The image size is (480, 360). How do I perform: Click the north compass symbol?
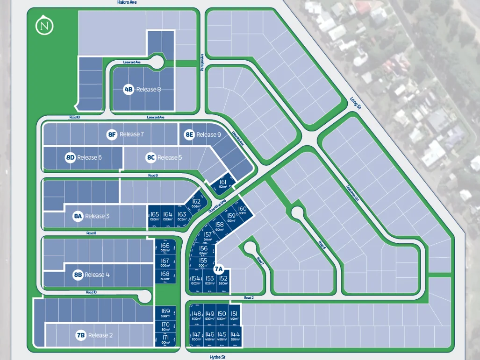(45, 25)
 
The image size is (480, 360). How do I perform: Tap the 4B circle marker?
(129, 89)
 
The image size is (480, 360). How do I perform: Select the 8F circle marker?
(112, 134)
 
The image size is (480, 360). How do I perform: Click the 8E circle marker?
(189, 134)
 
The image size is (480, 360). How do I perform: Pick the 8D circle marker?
(70, 157)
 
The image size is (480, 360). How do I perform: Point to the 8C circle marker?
(150, 157)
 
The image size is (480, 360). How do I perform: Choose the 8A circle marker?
(78, 216)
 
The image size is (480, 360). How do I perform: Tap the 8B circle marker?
(78, 275)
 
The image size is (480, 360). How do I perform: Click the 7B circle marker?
(81, 335)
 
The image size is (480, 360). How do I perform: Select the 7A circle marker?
(219, 269)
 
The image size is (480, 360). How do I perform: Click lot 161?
(223, 184)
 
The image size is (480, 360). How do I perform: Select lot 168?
(165, 275)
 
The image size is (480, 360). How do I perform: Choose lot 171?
(165, 339)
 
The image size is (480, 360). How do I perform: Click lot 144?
(235, 336)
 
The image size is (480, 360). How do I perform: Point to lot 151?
(234, 315)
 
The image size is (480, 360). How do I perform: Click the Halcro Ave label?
(127, 2)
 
